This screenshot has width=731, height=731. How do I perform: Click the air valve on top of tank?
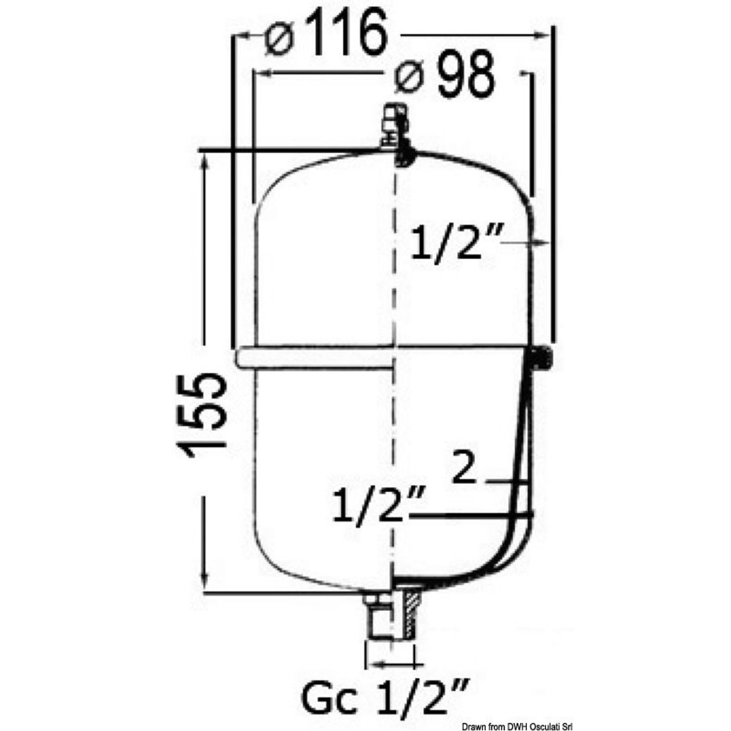[395, 125]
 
